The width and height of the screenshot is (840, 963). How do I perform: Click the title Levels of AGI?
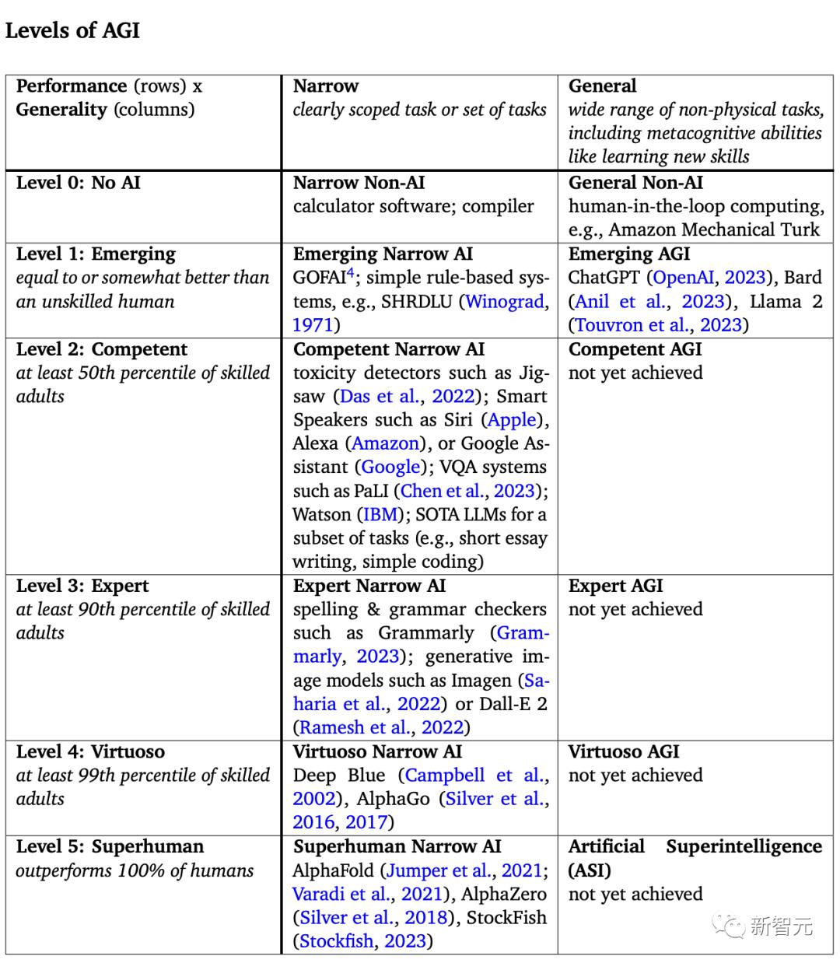72,30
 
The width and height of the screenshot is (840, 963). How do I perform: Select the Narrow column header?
326,86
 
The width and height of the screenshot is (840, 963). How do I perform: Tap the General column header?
602,86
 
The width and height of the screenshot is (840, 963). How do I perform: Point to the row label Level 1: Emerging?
96,254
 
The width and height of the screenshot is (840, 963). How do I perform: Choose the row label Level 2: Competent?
101,349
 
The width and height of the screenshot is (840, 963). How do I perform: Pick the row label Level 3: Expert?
82,586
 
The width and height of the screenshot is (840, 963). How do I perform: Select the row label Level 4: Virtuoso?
90,751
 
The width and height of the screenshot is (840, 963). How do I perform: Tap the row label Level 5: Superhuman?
110,846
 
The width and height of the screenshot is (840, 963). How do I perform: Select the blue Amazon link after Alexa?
386,443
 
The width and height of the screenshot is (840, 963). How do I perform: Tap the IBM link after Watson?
381,514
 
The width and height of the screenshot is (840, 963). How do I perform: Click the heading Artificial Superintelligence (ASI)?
695,858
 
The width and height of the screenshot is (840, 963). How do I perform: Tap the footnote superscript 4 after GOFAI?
350,272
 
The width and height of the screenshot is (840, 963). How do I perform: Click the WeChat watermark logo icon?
731,925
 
